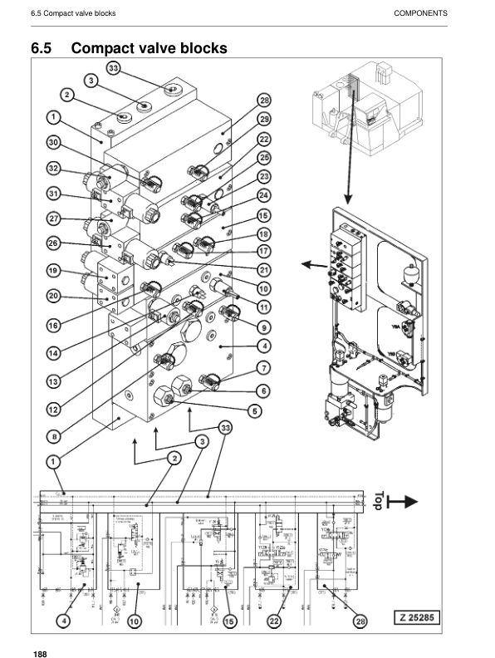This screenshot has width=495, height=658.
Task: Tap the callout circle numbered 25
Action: pos(263,157)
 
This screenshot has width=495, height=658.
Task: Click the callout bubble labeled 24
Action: pos(263,196)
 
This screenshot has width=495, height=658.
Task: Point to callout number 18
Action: pos(263,234)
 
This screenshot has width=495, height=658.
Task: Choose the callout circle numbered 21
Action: pos(263,269)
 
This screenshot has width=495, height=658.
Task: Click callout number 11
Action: pos(263,307)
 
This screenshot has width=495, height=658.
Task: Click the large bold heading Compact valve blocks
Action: pos(149,49)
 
